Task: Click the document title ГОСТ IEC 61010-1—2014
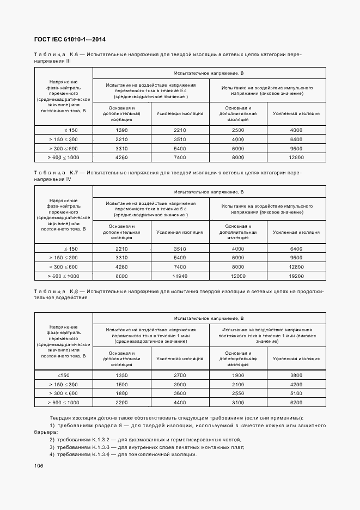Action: click(x=70, y=40)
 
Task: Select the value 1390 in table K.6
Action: click(x=121, y=130)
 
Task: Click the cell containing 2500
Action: click(x=238, y=130)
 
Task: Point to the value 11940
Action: click(x=180, y=276)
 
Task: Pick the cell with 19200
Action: click(x=296, y=276)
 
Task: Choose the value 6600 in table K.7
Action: click(x=121, y=276)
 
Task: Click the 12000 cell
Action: click(x=238, y=276)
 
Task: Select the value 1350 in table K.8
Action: click(x=121, y=375)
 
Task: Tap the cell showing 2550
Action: click(x=238, y=393)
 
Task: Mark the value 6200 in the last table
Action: click(x=296, y=402)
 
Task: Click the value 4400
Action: click(x=180, y=402)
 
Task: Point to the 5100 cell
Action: click(x=296, y=393)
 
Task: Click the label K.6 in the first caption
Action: click(x=75, y=55)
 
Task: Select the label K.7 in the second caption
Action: click(x=75, y=172)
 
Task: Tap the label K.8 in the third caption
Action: click(x=75, y=292)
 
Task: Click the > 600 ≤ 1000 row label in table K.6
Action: click(x=64, y=157)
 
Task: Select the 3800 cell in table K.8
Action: click(x=296, y=375)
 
